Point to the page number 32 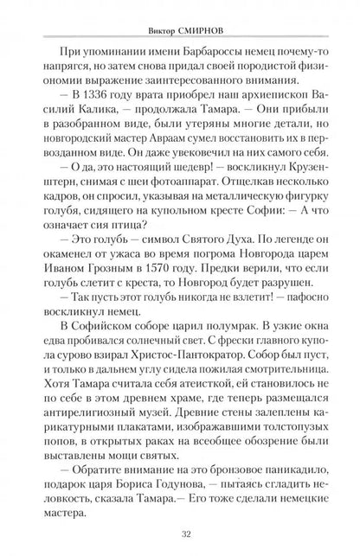point(179,534)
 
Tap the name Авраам point(170,144)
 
